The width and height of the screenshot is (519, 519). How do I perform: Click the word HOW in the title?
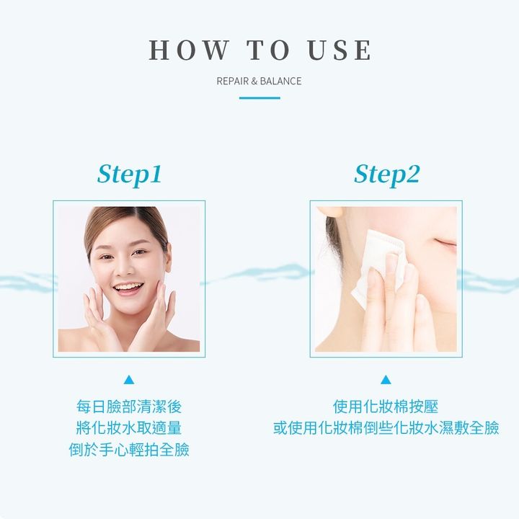click(x=189, y=50)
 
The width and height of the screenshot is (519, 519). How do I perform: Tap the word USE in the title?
click(x=340, y=50)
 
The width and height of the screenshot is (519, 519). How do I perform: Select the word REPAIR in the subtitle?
click(x=232, y=81)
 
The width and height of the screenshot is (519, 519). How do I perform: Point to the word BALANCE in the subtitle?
click(x=280, y=81)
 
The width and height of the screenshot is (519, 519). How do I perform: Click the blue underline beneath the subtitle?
click(x=259, y=98)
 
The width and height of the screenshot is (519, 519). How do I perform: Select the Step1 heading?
click(x=130, y=174)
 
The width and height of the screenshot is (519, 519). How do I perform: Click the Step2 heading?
click(x=386, y=174)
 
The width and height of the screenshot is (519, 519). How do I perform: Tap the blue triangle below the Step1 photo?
click(x=129, y=380)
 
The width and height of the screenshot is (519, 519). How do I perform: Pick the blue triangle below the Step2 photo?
click(x=386, y=380)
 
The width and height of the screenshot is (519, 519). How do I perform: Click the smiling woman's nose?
click(x=125, y=269)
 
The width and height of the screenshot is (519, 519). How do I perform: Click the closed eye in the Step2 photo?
click(x=445, y=243)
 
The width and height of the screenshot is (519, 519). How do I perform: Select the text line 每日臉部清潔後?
click(x=129, y=407)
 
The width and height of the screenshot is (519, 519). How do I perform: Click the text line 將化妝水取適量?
click(x=129, y=428)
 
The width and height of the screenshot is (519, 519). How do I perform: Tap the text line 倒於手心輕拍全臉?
click(x=129, y=450)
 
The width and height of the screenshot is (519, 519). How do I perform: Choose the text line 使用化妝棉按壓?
click(x=386, y=407)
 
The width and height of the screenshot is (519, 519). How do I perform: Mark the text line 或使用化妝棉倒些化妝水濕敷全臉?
click(x=386, y=428)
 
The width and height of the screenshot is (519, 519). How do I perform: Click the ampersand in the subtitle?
click(x=254, y=81)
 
